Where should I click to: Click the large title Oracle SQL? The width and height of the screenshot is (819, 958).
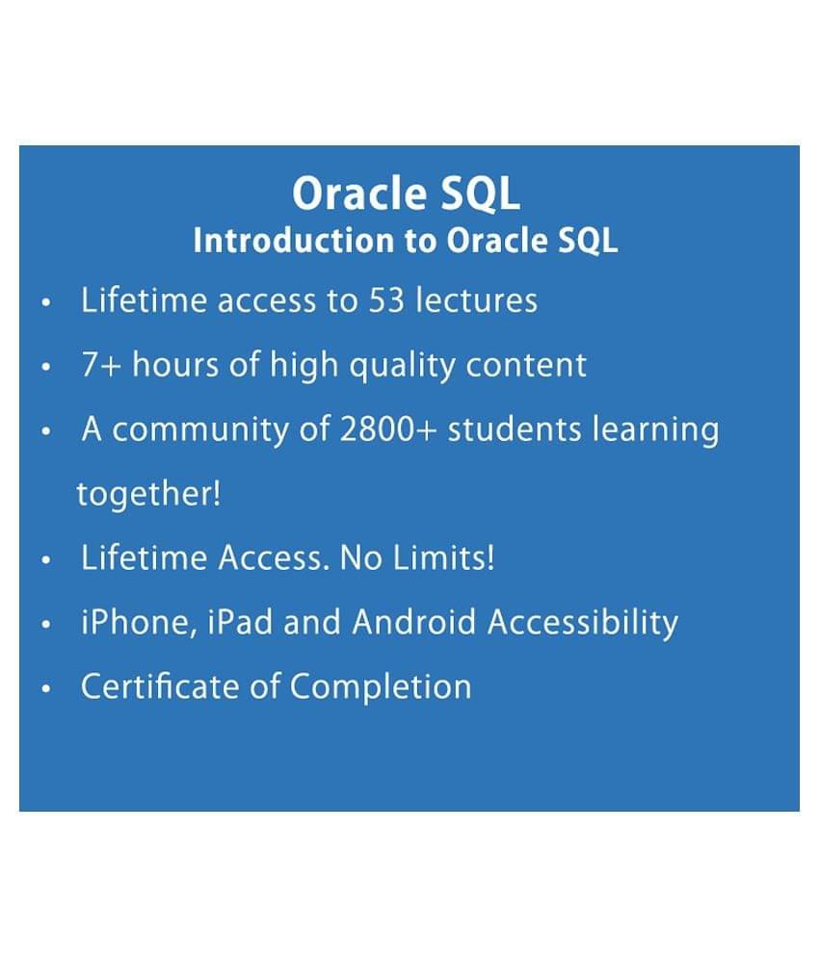pyautogui.click(x=407, y=194)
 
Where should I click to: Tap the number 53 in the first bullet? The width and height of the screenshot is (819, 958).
pyautogui.click(x=386, y=300)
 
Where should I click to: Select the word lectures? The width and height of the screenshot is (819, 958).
pyautogui.click(x=477, y=300)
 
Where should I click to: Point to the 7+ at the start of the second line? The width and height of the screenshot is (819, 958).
pyautogui.click(x=101, y=365)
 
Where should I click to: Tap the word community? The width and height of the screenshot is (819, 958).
pyautogui.click(x=200, y=430)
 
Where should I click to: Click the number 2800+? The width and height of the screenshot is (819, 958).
pyautogui.click(x=387, y=428)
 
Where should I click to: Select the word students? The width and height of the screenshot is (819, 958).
pyautogui.click(x=515, y=428)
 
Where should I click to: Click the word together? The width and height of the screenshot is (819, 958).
pyautogui.click(x=148, y=494)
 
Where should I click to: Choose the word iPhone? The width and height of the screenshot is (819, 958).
pyautogui.click(x=140, y=623)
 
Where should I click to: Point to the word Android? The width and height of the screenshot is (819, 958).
pyautogui.click(x=414, y=622)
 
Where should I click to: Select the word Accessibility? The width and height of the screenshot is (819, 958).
pyautogui.click(x=583, y=623)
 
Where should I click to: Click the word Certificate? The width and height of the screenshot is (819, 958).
pyautogui.click(x=160, y=686)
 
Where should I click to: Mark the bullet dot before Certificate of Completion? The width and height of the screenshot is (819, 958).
pyautogui.click(x=45, y=688)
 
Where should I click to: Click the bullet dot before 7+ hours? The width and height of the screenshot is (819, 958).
pyautogui.click(x=45, y=367)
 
